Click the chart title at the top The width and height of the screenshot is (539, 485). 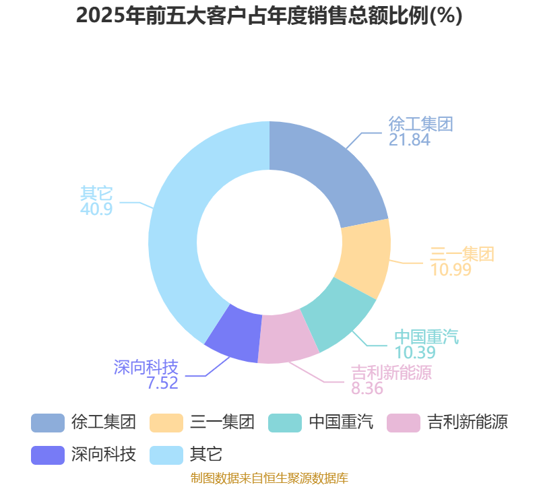tap(269, 15)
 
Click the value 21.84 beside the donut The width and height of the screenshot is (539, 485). tap(410, 140)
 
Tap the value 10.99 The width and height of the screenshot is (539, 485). tap(451, 269)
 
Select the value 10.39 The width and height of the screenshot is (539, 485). tap(415, 352)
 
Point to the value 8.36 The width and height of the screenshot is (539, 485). tap(367, 389)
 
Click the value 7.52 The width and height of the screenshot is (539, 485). tap(162, 383)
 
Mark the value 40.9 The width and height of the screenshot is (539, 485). tap(96, 209)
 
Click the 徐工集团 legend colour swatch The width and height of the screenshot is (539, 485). tap(48, 423)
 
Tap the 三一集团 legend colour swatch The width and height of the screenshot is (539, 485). tap(166, 423)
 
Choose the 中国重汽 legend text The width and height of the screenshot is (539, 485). tap(342, 422)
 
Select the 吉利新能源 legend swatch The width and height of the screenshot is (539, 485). tap(404, 423)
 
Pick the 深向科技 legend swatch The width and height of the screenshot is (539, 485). tap(48, 455)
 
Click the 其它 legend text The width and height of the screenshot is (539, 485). tap(206, 455)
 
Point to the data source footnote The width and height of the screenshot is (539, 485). tap(269, 478)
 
